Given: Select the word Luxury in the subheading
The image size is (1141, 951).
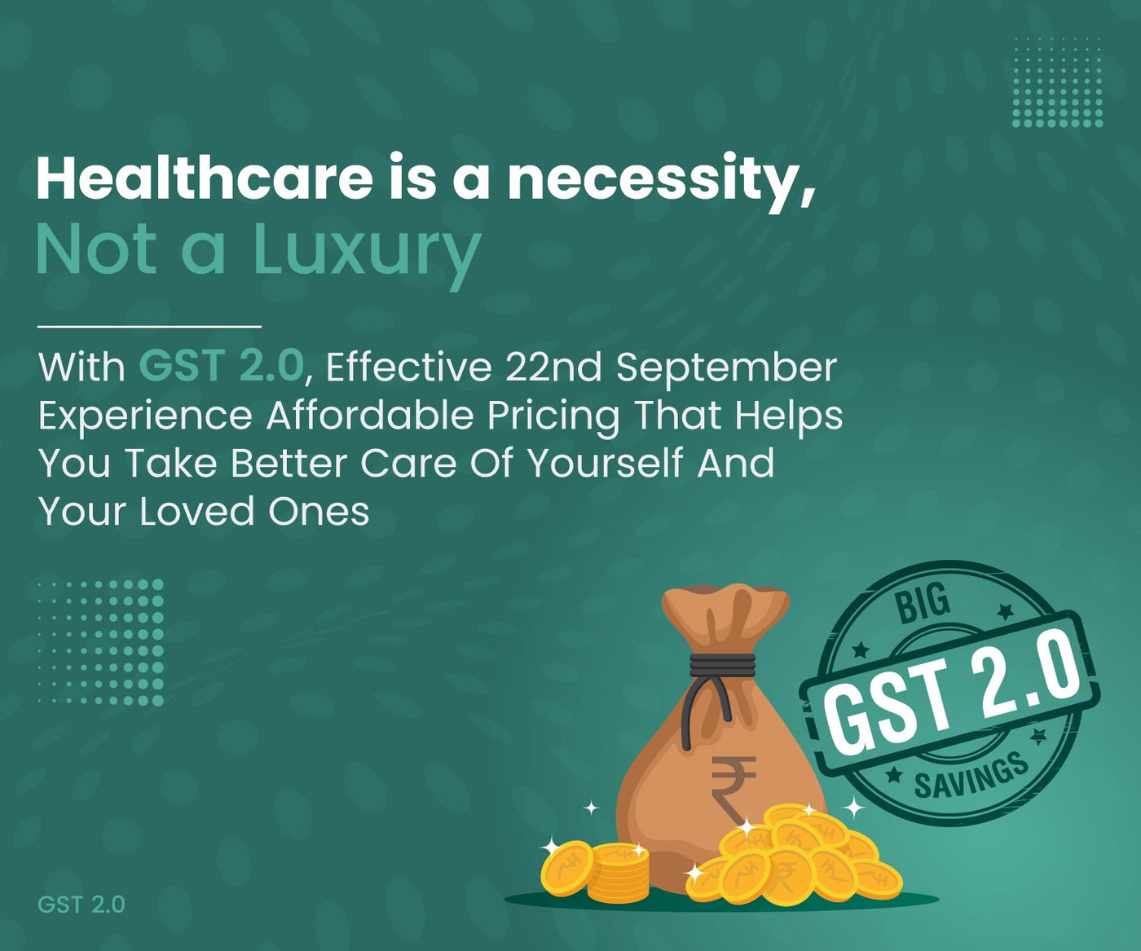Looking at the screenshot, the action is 368,252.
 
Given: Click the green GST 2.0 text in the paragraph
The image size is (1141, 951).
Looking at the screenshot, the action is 222,366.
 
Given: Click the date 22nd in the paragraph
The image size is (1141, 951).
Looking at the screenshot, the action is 553,367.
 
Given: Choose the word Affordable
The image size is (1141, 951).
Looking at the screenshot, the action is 369,415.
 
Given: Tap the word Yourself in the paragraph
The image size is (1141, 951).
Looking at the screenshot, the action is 606,462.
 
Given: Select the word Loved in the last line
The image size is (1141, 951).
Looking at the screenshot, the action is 196,511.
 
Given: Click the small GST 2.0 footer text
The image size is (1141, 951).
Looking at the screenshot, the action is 81,905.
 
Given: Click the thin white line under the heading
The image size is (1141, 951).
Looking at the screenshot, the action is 149,326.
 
